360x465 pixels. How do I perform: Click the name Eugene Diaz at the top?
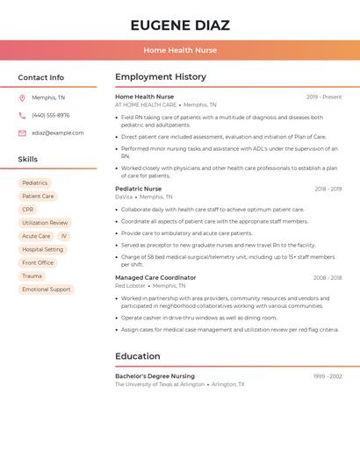click(x=180, y=25)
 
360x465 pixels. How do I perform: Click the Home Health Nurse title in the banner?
click(x=180, y=50)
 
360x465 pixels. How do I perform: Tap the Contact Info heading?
click(x=41, y=77)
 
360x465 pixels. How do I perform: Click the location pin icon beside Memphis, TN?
click(x=22, y=97)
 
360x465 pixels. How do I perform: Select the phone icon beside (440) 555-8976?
click(x=22, y=115)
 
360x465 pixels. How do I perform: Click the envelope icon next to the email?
click(x=22, y=133)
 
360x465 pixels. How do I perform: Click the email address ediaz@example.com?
click(x=58, y=133)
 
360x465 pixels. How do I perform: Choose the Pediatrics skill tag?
click(x=35, y=183)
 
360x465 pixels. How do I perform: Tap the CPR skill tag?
click(x=28, y=210)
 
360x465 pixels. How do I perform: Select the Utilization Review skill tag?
click(x=45, y=223)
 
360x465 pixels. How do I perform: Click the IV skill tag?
click(x=64, y=236)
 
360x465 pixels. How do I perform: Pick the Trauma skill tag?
click(x=32, y=275)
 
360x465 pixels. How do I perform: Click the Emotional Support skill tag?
click(x=47, y=289)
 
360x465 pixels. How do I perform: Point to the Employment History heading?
click(x=161, y=77)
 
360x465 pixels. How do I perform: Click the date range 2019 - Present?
click(x=324, y=97)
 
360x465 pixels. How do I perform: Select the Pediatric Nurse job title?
click(x=139, y=189)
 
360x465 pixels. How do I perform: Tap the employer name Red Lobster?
click(x=130, y=286)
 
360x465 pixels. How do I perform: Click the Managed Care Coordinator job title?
click(x=155, y=277)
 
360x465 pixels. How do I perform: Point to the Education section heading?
click(x=138, y=356)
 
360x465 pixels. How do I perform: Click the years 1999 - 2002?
click(x=328, y=376)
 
